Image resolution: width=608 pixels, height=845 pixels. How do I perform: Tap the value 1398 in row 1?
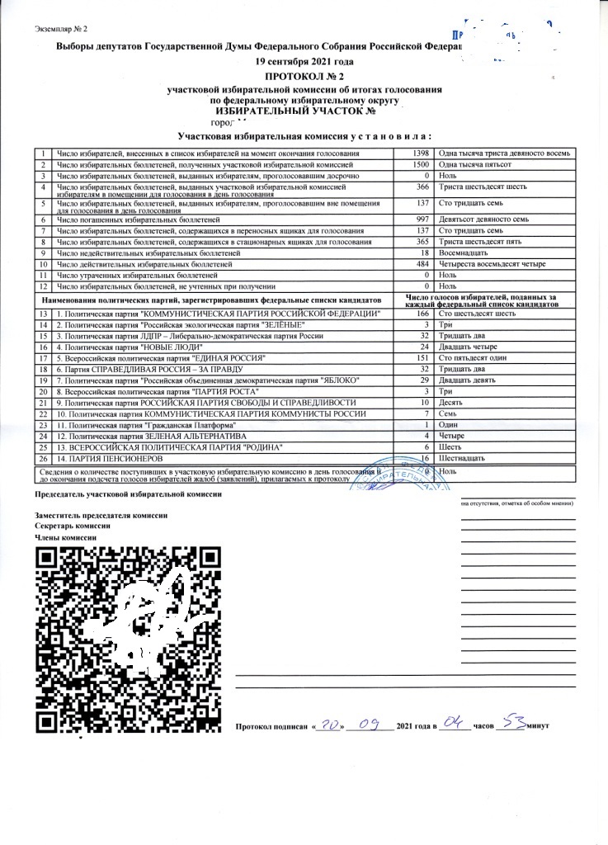pos(421,154)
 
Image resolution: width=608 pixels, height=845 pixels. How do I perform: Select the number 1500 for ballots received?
pos(421,165)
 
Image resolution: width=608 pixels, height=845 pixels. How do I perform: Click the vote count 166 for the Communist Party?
pos(422,315)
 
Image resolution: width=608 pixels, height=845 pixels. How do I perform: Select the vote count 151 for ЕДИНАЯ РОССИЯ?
pos(422,360)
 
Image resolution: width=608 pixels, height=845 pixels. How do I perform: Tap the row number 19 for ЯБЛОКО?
pos(42,381)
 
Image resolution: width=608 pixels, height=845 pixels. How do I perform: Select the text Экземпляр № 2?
pos(62,31)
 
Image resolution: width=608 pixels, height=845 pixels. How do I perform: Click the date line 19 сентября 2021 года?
pos(305,62)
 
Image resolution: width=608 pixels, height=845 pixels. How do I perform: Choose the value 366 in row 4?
pos(421,187)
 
